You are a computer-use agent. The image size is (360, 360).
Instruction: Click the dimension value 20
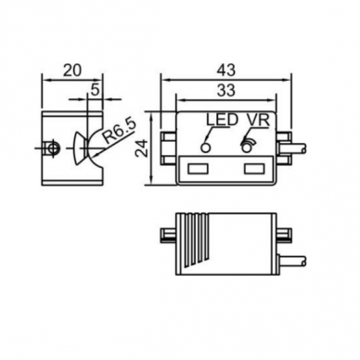coord(72,71)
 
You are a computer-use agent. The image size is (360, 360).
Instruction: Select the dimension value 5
coord(95,90)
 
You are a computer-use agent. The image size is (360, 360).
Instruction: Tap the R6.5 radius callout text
coord(119,132)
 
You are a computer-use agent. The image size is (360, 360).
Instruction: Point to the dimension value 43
coord(225,71)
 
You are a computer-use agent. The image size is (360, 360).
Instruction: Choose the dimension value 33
coord(225,90)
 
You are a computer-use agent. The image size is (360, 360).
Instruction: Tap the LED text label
coord(223,121)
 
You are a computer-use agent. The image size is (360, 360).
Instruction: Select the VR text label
coord(258,121)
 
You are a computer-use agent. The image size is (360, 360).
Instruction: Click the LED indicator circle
coord(206,148)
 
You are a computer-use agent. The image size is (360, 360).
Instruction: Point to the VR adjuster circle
coord(247,148)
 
